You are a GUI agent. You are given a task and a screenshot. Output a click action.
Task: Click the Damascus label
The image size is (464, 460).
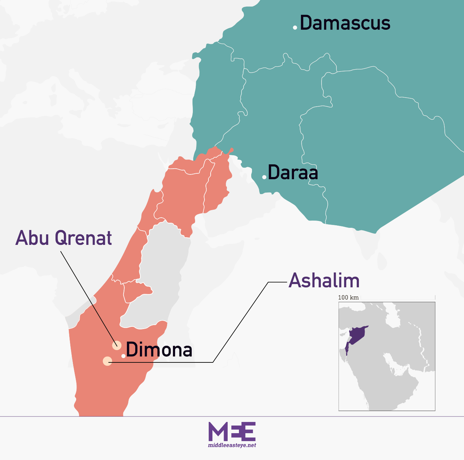click(x=345, y=23)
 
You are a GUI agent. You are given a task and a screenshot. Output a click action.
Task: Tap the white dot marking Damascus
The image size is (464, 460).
click(x=295, y=28)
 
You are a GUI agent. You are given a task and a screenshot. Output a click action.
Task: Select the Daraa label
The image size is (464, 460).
click(x=293, y=173)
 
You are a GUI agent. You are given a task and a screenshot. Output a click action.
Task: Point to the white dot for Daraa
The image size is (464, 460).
click(x=264, y=177)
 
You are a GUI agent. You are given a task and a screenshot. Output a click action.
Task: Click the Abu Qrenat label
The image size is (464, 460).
click(x=64, y=238)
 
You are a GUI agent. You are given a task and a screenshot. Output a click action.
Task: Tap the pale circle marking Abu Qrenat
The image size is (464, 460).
click(x=117, y=345)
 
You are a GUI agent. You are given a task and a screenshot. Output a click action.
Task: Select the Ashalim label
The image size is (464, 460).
click(x=324, y=281)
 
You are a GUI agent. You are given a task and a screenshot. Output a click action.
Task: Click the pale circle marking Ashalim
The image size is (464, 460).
click(x=107, y=361)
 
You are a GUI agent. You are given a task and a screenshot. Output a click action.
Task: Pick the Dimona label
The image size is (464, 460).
click(x=159, y=350)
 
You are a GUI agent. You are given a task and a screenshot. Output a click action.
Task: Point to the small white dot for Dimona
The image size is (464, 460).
click(x=123, y=356)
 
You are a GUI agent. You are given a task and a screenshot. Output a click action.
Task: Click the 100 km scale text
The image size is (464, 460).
click(x=348, y=297)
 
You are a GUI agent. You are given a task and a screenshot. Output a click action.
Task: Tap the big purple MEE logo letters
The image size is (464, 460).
click(x=232, y=431)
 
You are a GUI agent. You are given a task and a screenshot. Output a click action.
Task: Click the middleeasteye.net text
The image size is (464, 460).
click(x=232, y=445)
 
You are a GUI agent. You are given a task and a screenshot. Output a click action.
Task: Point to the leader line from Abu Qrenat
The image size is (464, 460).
click(x=87, y=294)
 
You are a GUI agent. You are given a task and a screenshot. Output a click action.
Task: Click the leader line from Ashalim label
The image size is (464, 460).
click(x=239, y=323)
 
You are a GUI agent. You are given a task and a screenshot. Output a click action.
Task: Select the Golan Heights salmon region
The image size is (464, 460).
click(x=217, y=181)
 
